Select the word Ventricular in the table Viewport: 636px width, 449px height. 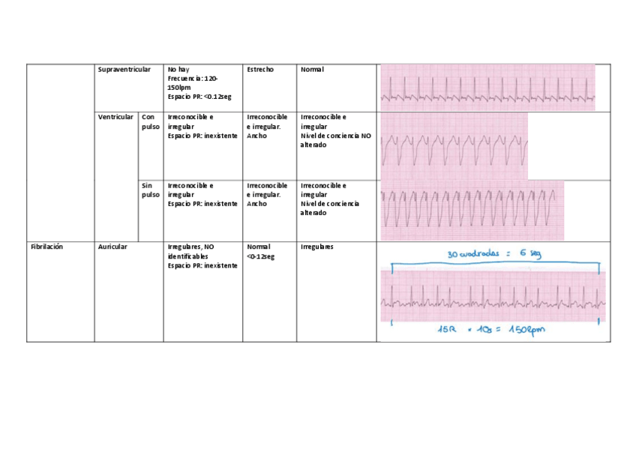pos(115,117)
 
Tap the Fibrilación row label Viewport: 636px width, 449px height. pos(46,247)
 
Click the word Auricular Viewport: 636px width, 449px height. pos(112,247)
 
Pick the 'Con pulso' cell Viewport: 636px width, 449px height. pos(151,122)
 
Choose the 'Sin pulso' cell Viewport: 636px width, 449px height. pos(151,190)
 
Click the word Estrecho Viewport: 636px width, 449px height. pos(260,70)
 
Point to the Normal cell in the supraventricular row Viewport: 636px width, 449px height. pos(312,70)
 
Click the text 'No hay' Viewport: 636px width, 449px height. pos(178,70)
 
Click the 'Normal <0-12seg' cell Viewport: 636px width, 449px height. pos(260,251)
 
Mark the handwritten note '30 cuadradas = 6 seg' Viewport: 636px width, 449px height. pos(493,253)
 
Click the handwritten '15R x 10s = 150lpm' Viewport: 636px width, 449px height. pos(493,333)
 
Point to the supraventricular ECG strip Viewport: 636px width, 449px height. pos(487,88)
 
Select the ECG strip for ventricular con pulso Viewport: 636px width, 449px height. pos(454,145)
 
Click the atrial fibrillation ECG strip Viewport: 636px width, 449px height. pos(493,297)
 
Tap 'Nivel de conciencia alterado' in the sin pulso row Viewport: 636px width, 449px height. pos(330,208)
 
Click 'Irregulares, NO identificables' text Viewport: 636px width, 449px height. pos(191,251)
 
